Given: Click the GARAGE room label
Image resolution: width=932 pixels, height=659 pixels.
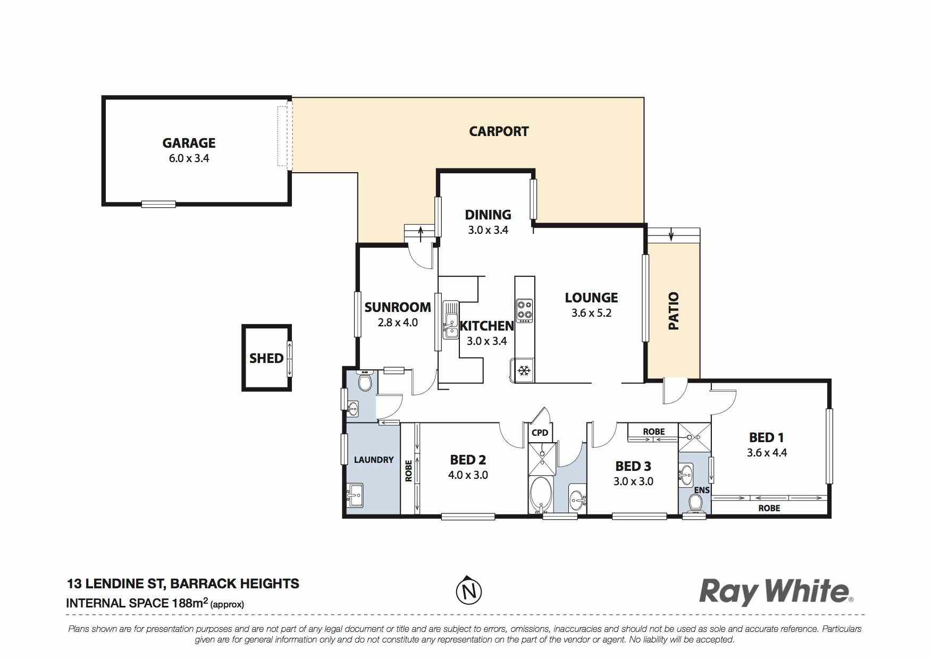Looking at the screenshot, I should point(189,143).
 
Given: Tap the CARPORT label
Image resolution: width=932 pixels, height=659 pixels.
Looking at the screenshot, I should point(499,131).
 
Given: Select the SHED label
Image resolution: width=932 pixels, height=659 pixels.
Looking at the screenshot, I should point(266,358).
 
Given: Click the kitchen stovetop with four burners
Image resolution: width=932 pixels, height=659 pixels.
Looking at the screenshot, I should point(525,311).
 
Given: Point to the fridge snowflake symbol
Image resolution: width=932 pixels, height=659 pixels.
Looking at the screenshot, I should point(524,370).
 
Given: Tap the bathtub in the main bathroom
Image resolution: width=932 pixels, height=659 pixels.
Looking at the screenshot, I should point(541,494).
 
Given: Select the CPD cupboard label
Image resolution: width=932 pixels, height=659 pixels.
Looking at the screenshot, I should point(540,433).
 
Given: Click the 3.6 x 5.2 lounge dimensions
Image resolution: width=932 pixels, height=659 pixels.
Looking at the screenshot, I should point(591,313).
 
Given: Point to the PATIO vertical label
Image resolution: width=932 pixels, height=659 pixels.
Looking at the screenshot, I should point(674,311).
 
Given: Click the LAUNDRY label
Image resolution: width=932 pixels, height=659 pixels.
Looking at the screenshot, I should point(374,460).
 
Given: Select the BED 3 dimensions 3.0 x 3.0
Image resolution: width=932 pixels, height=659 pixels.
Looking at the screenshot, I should point(633,481).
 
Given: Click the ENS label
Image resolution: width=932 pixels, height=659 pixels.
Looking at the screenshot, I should point(702,489).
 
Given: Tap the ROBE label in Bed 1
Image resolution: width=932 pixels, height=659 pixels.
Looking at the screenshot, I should point(769,508).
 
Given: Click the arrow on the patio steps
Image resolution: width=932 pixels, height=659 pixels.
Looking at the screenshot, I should point(672,234).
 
